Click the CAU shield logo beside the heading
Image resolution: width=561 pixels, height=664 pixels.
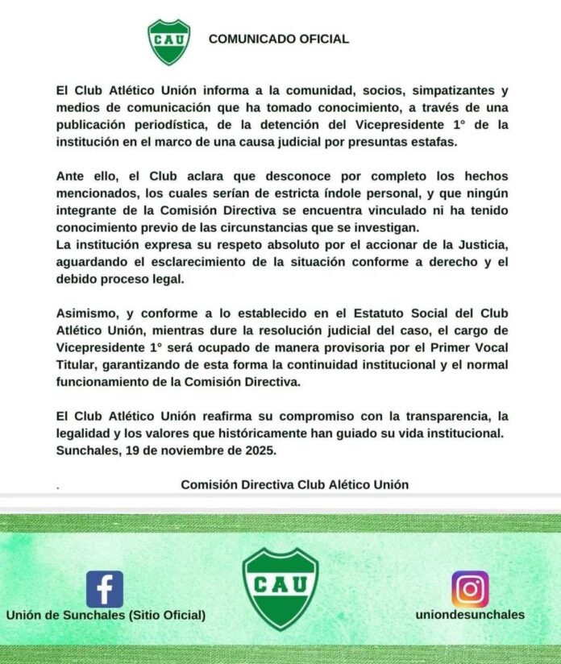[168, 42]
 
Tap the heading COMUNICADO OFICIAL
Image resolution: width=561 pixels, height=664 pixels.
[278, 39]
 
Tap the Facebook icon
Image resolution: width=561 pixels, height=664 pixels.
[105, 589]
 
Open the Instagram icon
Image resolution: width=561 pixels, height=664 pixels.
[470, 589]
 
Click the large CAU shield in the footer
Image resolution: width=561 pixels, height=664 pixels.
[280, 589]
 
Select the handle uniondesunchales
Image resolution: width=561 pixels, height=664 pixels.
[470, 615]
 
